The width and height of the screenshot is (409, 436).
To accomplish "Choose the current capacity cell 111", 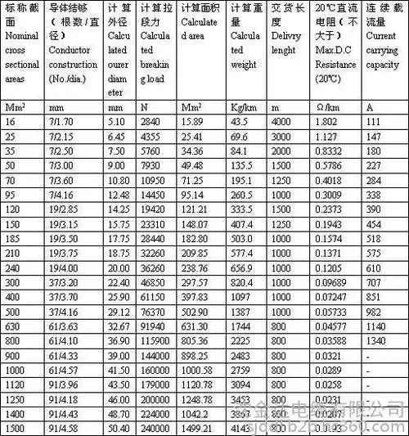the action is coord(373,120).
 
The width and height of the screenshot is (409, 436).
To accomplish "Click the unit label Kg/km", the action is coord(243,106).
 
